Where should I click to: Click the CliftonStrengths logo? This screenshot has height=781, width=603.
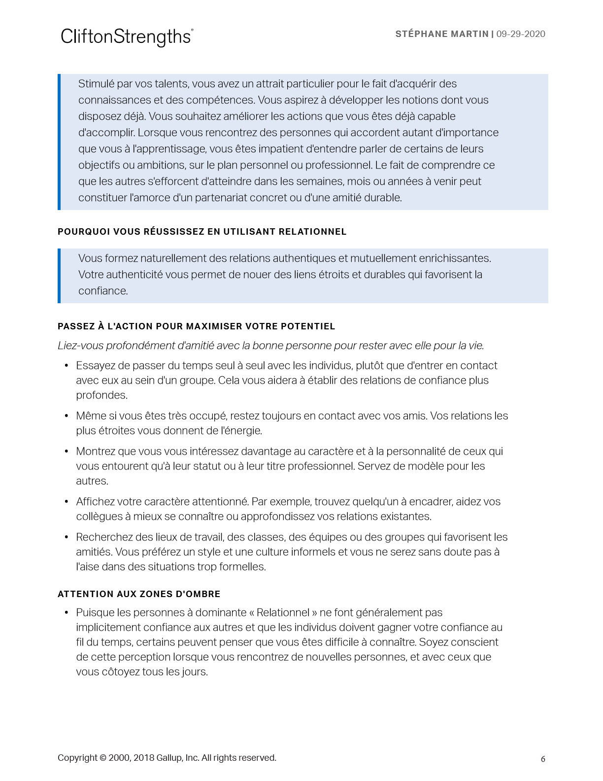point(127,37)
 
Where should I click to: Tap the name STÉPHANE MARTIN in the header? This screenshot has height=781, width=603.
point(441,34)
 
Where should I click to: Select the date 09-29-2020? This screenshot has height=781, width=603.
point(521,34)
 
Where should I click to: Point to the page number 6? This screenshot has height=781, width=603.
point(543,759)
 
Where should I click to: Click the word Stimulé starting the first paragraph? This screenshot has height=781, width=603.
point(96,84)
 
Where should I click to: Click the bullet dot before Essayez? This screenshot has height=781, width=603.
point(67,366)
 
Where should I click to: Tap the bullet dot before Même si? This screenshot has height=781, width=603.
point(67,416)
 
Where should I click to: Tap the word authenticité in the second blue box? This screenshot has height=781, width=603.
point(134,275)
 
